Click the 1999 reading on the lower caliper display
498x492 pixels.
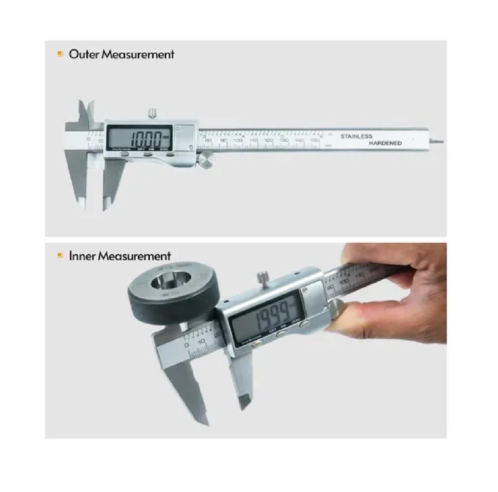(272, 316)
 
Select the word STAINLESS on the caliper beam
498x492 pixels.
(356, 136)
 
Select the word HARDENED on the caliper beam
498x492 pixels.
(385, 143)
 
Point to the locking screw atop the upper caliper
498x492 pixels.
(152, 113)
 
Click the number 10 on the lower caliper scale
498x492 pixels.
(202, 342)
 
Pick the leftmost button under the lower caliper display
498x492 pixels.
(257, 343)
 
